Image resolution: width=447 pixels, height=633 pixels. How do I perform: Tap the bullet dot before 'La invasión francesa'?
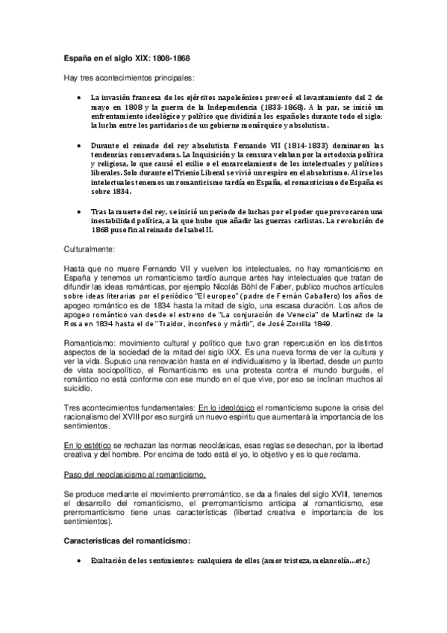81,98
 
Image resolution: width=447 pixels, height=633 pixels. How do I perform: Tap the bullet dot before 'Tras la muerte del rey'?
81,211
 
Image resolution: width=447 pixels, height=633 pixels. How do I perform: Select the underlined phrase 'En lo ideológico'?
226,407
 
